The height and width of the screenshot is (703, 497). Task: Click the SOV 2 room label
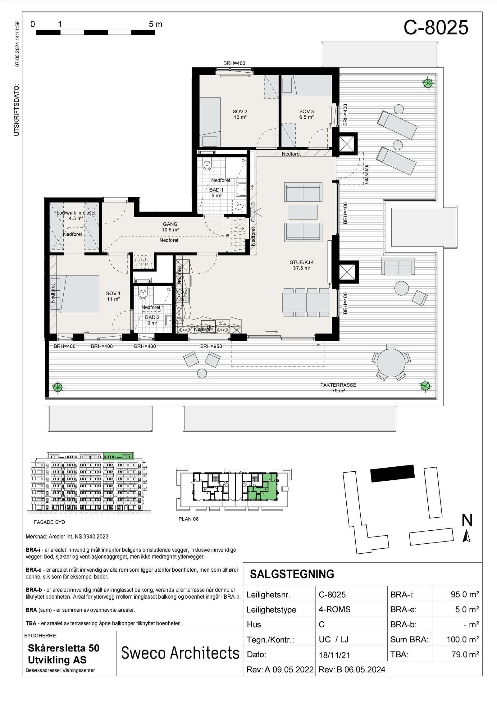240,114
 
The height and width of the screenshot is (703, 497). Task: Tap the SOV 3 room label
306,114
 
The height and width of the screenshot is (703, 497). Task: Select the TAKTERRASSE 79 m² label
338,388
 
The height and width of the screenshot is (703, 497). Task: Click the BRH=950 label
211,346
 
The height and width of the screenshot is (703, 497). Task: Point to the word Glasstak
366,174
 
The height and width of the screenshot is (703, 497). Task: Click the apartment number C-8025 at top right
435,28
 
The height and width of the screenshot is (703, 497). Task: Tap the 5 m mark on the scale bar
155,24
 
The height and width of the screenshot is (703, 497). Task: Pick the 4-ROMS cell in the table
334,609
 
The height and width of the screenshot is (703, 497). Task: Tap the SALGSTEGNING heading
292,574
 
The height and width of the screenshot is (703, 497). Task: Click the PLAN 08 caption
188,519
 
